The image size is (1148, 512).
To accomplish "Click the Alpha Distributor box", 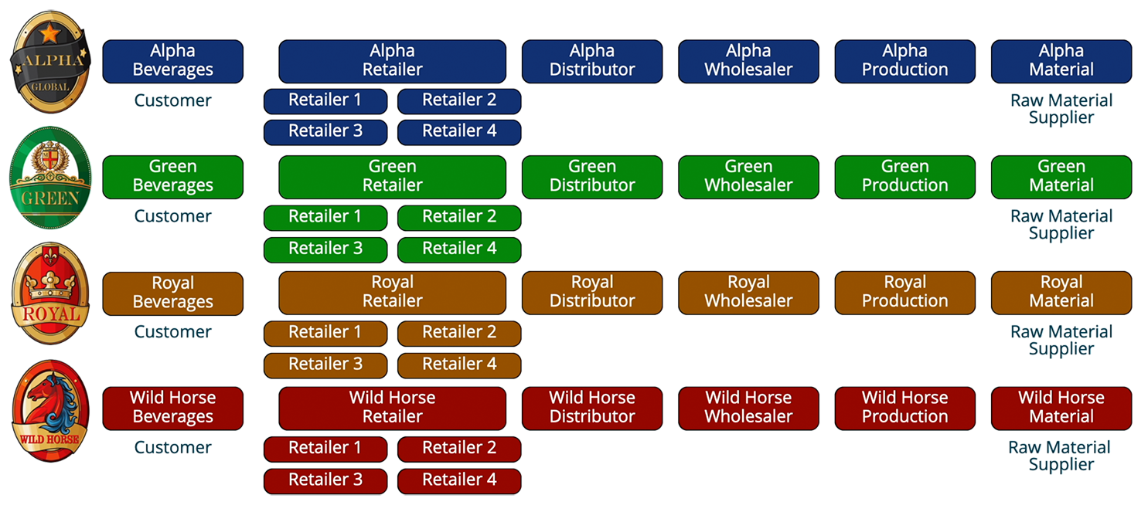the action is pos(592,62).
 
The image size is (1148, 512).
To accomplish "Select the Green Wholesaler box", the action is pos(748,177).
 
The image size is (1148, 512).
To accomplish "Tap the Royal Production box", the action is pos(904,293).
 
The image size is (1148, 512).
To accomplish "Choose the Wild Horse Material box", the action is pos(1061,409).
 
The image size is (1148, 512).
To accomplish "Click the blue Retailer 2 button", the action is pos(459,101).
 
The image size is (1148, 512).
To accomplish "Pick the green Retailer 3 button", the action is pos(325,249).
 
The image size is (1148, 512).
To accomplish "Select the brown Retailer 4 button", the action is pos(459,365).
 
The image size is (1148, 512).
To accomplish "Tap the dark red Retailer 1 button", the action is pos(325,449).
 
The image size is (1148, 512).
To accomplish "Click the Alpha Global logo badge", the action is pos(50,62).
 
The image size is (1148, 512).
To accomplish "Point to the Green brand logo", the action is pos(50,178).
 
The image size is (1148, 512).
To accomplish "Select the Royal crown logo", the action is pos(50,293).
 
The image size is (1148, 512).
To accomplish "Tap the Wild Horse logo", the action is pos(50,411).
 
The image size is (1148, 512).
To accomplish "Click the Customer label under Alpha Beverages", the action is pos(172,100).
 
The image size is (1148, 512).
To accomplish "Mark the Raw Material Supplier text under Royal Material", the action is pos(1061,340).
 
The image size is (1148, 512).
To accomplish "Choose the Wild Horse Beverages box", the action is pos(172,409).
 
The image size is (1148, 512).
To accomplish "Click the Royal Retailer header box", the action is pos(392,293).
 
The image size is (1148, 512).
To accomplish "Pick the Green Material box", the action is pos(1061,177).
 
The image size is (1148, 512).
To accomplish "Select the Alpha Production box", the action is pos(904,62).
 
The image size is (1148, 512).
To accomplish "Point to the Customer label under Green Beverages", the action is pos(172,216).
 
